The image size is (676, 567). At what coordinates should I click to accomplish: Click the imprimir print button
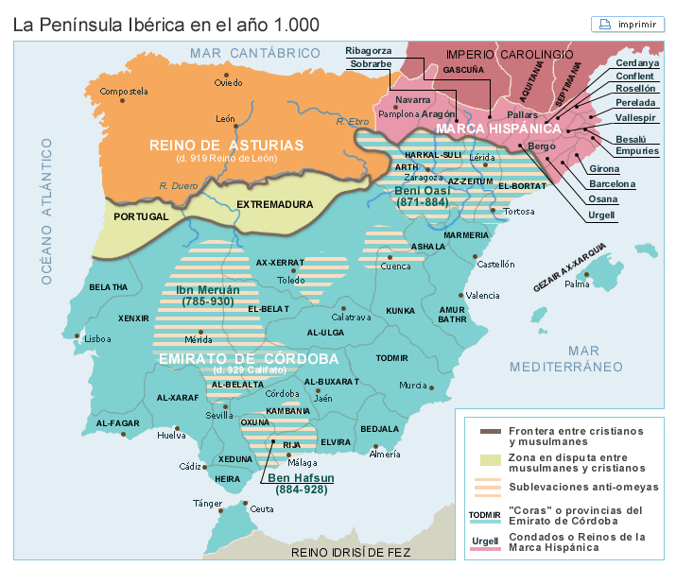click(628, 25)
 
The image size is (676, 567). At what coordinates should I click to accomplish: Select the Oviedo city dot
click(226, 74)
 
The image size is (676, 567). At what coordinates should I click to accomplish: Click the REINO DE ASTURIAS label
click(226, 145)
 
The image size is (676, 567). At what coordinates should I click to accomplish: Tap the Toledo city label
click(292, 280)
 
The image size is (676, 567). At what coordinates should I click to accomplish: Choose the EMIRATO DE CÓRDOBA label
click(248, 359)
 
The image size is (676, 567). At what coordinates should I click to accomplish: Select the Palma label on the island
click(577, 283)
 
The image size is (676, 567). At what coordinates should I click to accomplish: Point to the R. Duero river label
click(177, 185)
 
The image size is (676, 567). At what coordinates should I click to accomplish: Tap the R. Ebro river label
click(352, 122)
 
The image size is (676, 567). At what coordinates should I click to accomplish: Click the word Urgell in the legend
click(485, 541)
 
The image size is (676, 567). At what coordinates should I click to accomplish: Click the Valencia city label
click(482, 296)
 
